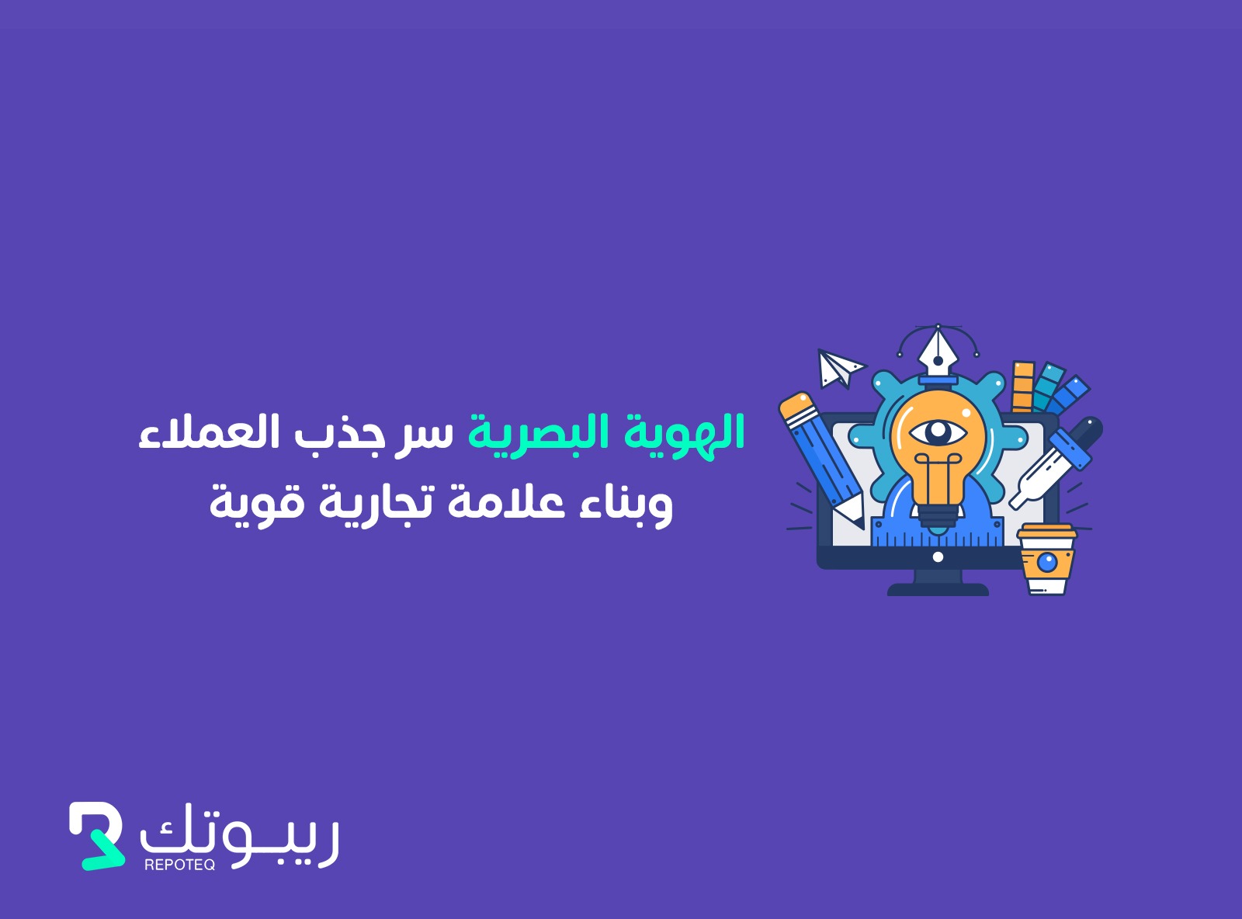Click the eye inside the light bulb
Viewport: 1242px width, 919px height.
pos(938,433)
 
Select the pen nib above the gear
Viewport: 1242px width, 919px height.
pos(938,354)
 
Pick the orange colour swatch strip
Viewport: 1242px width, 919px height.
pos(1023,387)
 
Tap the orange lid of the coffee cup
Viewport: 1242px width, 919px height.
pos(1046,531)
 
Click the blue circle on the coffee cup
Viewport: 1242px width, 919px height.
pos(1047,562)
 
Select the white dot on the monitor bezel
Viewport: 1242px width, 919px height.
pos(938,557)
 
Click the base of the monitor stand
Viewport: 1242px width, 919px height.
pos(938,590)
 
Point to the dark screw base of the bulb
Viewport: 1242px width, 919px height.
pos(938,520)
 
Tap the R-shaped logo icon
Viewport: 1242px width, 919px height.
pos(96,836)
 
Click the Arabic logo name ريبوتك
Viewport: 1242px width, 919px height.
pos(239,834)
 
